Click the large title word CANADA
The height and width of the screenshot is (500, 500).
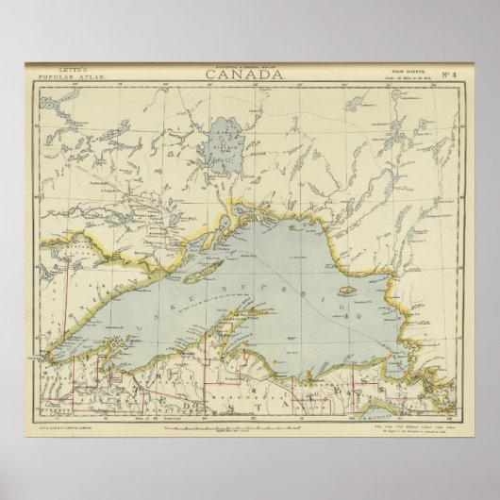click(x=250, y=75)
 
